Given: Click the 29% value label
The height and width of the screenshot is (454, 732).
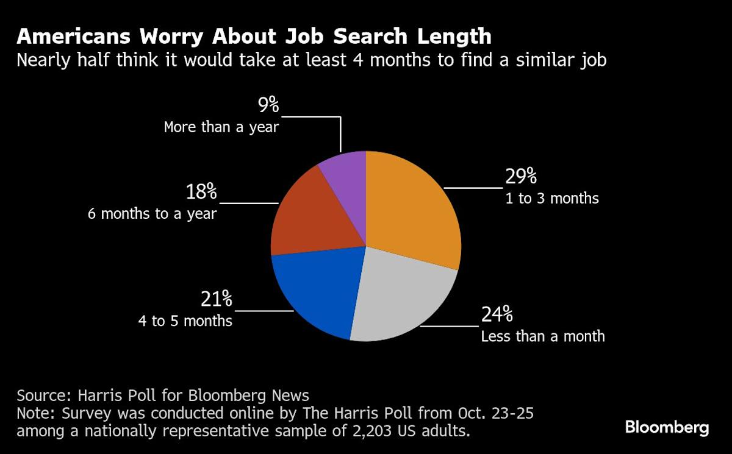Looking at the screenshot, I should (521, 177).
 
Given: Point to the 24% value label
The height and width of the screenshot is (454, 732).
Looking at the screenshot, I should (497, 315).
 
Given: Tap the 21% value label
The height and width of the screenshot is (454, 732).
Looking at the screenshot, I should (217, 300).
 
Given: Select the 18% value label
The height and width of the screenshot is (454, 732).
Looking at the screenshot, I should (201, 193).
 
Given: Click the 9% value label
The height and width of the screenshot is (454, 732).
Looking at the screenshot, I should (268, 105).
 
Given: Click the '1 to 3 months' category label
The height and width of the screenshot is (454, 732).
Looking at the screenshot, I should (551, 199).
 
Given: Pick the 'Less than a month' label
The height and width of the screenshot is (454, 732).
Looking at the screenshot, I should (543, 336).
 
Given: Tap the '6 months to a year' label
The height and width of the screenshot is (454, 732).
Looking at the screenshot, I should (151, 214).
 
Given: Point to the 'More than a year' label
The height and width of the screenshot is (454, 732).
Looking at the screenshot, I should (221, 128).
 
